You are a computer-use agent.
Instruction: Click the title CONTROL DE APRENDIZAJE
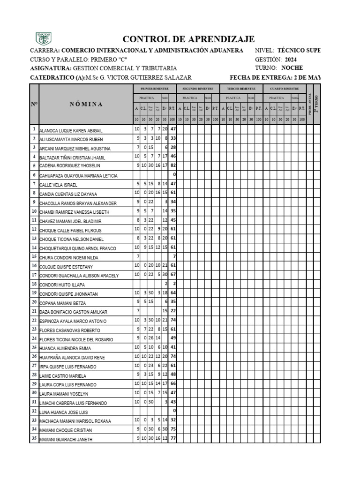tap(188, 39)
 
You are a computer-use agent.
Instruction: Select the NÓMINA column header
tap(86, 104)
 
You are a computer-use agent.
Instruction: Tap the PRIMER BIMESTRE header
tap(154, 88)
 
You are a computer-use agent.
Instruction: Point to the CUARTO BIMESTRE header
tap(284, 88)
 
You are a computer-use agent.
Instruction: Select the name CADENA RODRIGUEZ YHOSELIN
tap(70, 166)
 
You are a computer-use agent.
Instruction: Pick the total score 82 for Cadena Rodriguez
tap(172, 165)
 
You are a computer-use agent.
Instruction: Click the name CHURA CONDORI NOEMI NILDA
tap(69, 257)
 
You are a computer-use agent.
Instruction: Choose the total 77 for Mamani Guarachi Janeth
tap(172, 439)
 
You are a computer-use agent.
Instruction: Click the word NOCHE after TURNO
tap(292, 68)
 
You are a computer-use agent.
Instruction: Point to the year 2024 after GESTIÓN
tap(290, 60)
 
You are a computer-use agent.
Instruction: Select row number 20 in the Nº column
tap(34, 302)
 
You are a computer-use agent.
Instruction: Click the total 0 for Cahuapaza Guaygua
tap(174, 175)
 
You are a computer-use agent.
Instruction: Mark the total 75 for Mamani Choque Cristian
tap(172, 430)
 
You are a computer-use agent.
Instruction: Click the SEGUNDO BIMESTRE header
tap(197, 88)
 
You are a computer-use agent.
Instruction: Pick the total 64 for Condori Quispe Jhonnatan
tap(172, 293)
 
